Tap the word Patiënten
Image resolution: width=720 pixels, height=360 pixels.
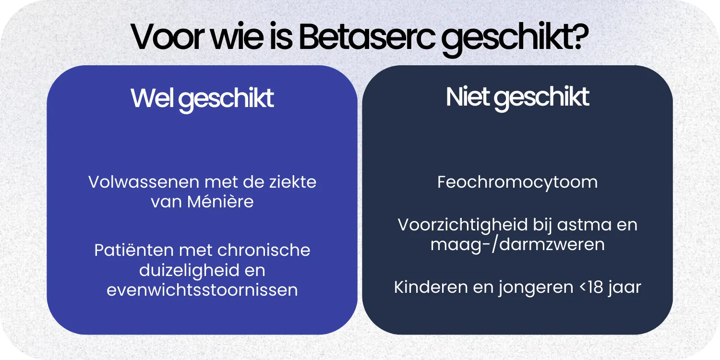point(134,251)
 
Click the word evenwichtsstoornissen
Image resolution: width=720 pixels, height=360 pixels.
point(202,290)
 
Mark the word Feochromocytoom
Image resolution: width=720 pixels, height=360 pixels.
point(517,182)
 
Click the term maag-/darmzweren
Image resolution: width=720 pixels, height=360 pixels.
point(517,245)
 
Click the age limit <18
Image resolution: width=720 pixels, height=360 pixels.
point(589,287)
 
